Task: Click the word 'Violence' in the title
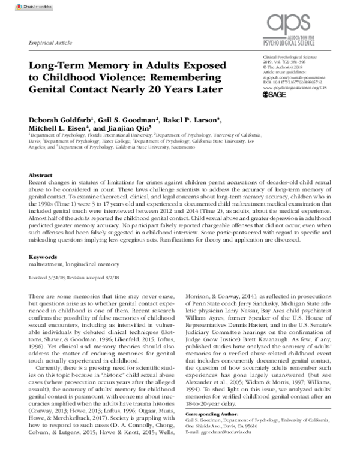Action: [x=161, y=78]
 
